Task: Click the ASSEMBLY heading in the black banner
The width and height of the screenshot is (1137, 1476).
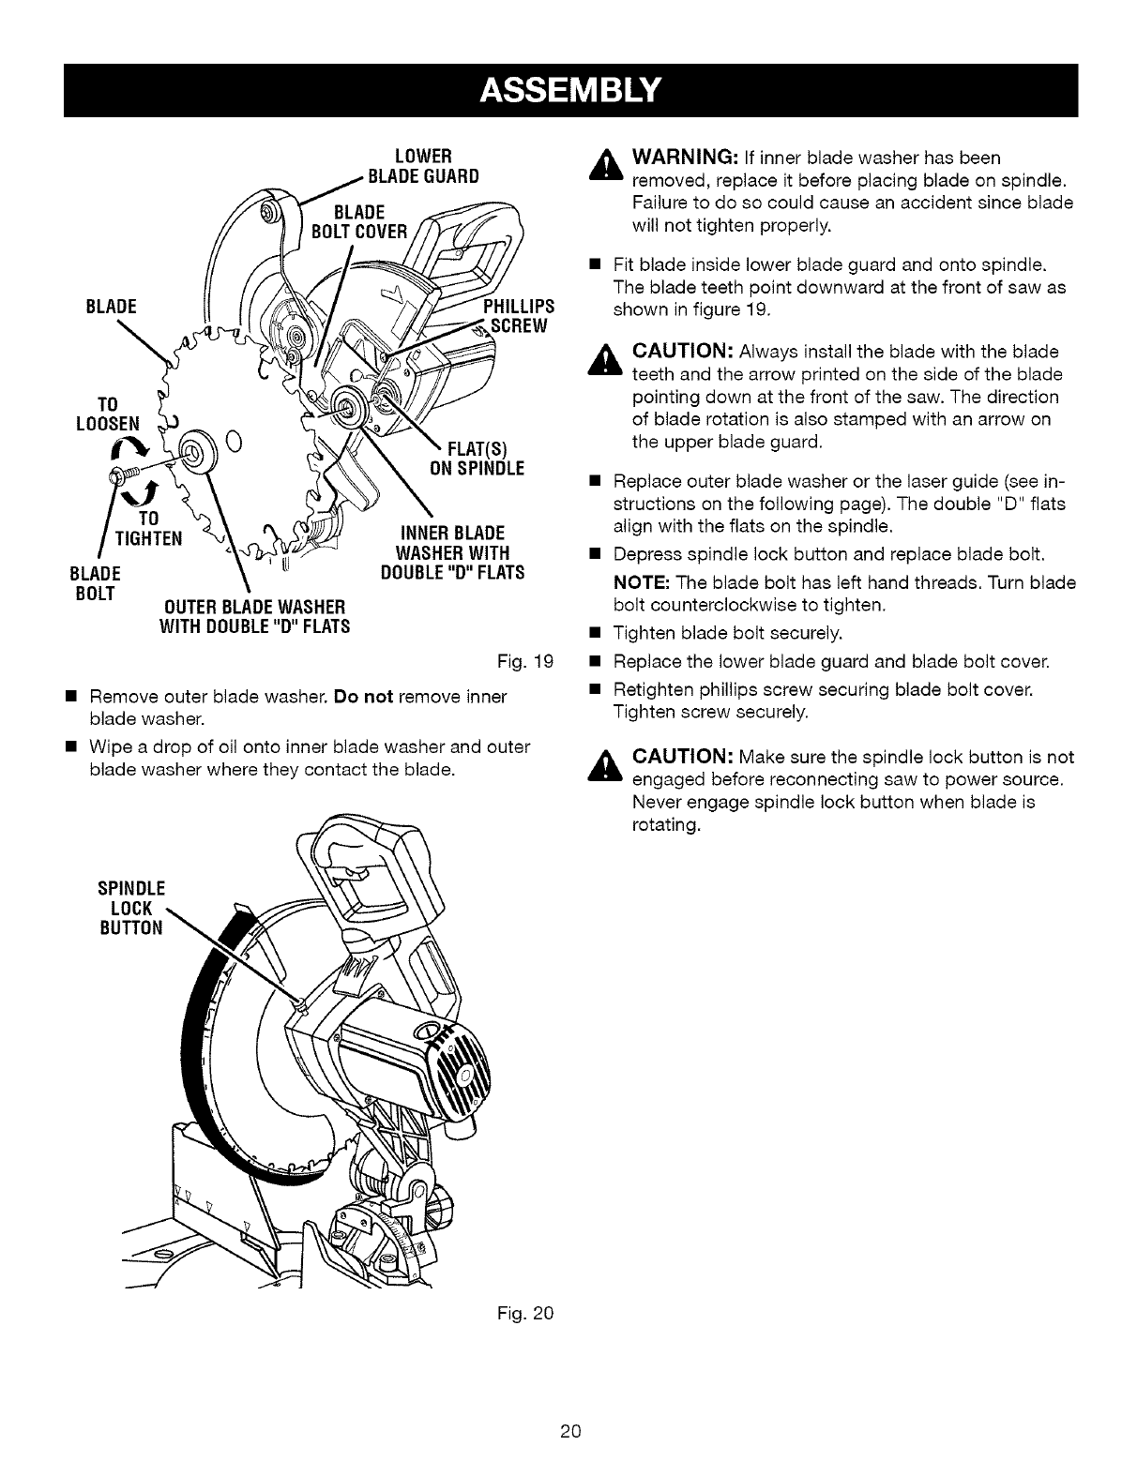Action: coord(569,90)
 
